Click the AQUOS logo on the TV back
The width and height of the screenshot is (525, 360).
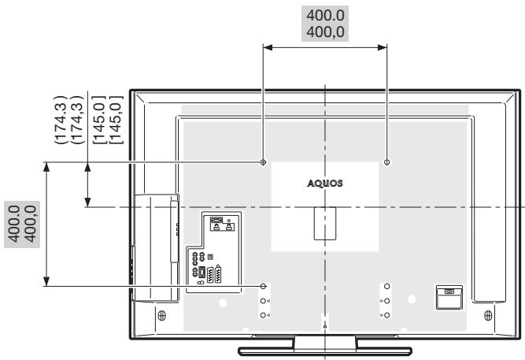(x=325, y=184)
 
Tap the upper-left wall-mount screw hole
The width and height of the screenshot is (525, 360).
(x=263, y=162)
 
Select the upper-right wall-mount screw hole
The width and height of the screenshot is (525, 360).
(x=387, y=162)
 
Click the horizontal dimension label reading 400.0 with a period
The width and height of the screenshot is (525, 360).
(x=325, y=16)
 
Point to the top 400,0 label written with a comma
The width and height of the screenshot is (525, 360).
(x=325, y=32)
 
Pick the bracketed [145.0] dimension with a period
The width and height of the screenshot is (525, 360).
(x=99, y=120)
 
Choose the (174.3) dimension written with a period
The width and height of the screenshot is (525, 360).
(x=61, y=120)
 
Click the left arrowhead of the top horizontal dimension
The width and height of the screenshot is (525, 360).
(x=268, y=47)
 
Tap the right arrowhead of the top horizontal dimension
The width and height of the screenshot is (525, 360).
(x=383, y=47)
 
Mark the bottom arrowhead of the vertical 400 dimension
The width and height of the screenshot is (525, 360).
(x=46, y=281)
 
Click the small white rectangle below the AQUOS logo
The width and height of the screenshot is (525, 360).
(x=325, y=223)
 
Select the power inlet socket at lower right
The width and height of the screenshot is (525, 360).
(x=449, y=297)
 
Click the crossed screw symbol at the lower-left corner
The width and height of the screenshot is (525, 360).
(x=161, y=315)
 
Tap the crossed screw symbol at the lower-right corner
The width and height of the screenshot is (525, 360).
(x=488, y=315)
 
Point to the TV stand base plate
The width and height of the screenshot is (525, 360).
(x=325, y=351)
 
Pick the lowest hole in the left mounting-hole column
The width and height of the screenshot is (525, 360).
(x=263, y=315)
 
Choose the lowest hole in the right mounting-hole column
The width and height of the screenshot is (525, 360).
(x=387, y=315)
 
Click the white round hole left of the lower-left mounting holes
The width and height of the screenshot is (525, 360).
(x=223, y=303)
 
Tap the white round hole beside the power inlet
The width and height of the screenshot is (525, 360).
(x=412, y=299)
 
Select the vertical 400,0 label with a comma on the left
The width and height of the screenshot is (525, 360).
(x=31, y=224)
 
